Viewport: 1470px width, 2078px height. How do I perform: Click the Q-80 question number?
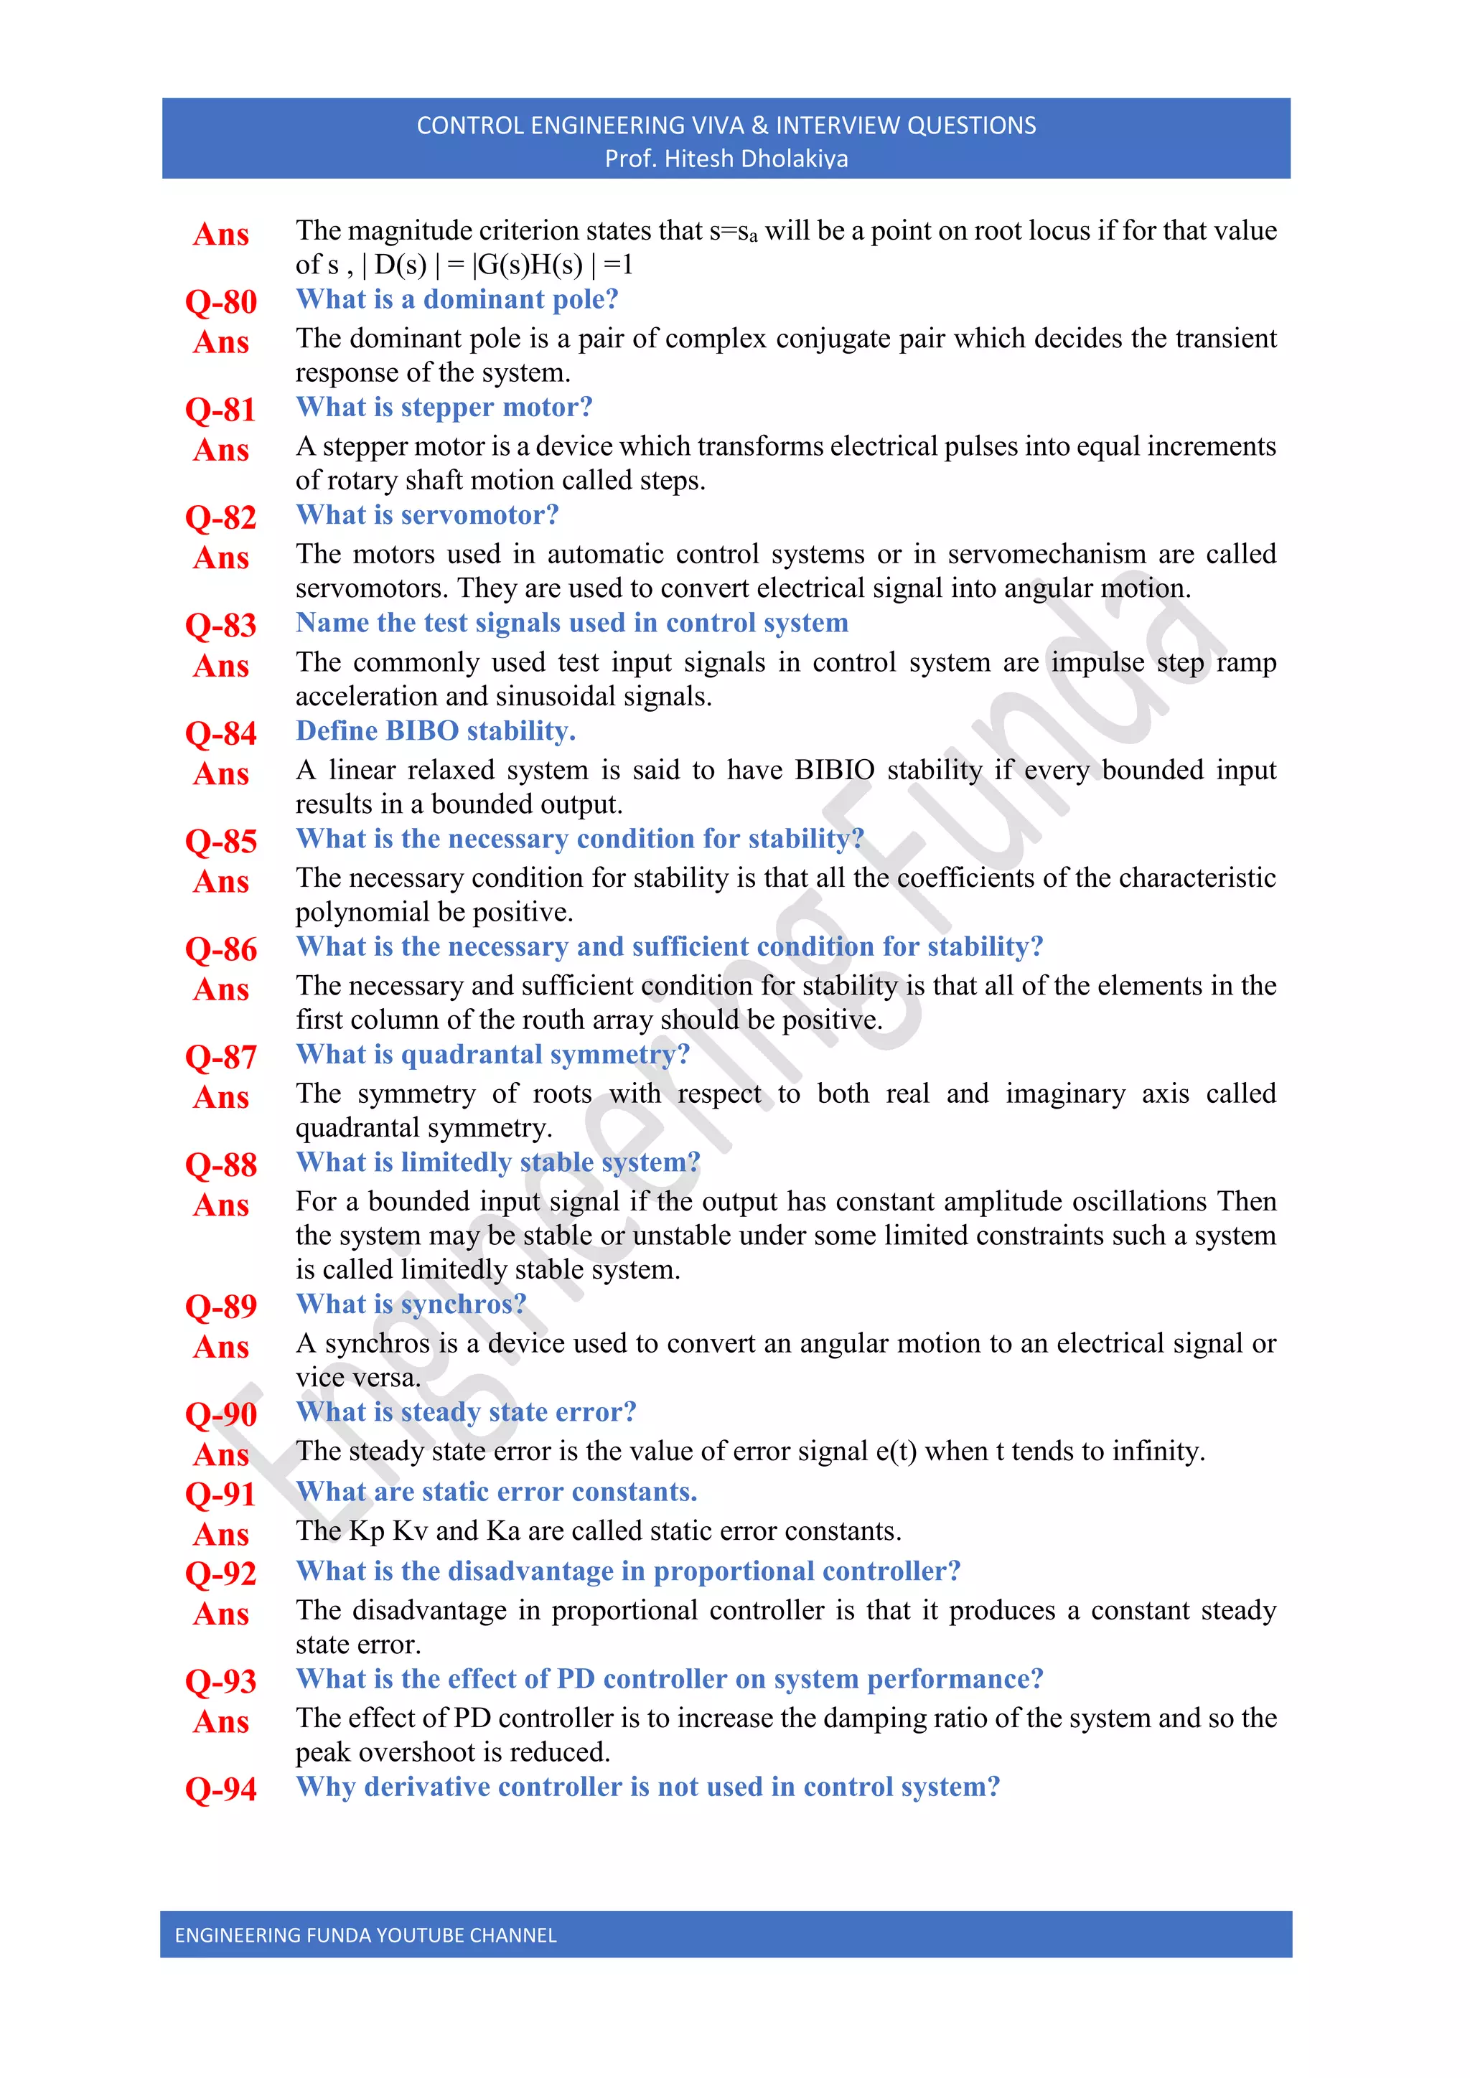pos(221,301)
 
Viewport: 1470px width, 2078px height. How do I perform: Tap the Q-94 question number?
pos(221,1790)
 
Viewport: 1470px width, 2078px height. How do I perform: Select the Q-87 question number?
pos(221,1057)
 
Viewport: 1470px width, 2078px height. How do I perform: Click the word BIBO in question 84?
pos(423,730)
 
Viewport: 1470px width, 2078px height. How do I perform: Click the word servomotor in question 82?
pos(479,515)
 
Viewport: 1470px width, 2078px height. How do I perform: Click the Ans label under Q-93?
pos(221,1722)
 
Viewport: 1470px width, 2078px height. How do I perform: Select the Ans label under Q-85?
pos(221,882)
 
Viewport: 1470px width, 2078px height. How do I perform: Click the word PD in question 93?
pos(576,1679)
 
